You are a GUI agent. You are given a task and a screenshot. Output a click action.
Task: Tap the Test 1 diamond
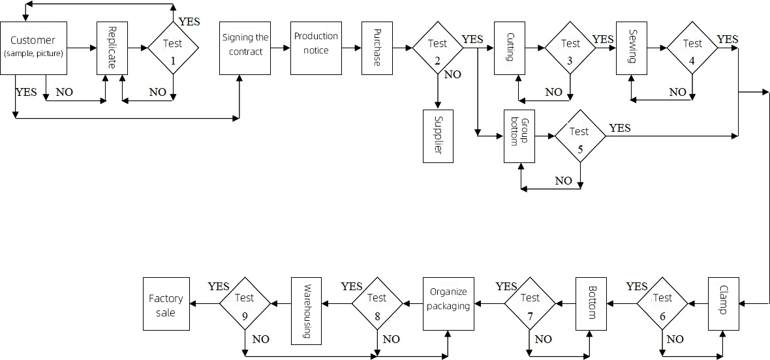173,48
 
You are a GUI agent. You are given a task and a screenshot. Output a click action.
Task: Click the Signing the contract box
245,48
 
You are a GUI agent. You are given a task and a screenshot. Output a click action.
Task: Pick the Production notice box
316,48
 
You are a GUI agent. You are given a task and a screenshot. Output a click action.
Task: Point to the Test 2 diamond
437,48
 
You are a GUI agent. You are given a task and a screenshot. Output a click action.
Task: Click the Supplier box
438,136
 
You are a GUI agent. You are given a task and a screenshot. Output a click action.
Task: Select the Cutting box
510,48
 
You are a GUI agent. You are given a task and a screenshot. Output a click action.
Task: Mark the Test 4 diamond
692,48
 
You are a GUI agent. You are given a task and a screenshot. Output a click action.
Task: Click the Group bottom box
519,136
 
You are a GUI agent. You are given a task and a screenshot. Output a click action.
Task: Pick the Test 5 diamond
579,136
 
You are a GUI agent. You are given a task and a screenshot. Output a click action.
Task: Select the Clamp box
724,303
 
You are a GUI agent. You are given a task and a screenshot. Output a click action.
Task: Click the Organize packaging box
448,303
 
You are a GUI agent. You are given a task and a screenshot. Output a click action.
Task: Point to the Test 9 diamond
245,303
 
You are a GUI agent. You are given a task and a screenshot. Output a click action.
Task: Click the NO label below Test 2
452,74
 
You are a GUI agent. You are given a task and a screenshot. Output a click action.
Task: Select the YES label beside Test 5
619,128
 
